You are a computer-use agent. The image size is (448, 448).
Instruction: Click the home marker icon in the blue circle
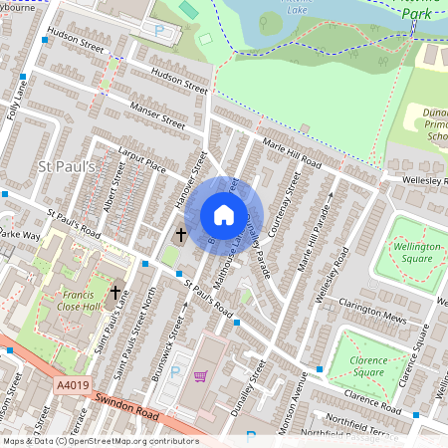pyautogui.click(x=224, y=215)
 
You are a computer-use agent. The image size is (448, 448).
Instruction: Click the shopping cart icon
pyautogui.click(x=200, y=376)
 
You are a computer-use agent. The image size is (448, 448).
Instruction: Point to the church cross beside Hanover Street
pyautogui.click(x=180, y=236)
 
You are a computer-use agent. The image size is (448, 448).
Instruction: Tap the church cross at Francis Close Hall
pyautogui.click(x=116, y=293)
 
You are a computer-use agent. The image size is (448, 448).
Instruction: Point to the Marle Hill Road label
pyautogui.click(x=292, y=154)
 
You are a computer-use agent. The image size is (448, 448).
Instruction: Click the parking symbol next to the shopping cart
pyautogui.click(x=176, y=371)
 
